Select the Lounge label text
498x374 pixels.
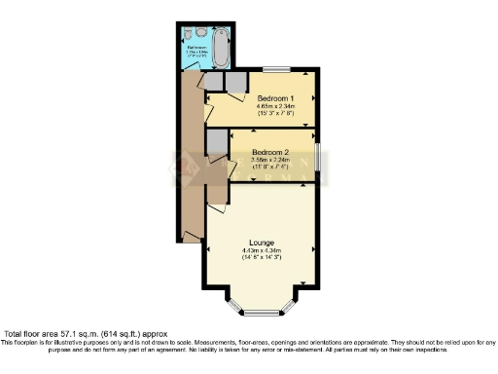[261, 243]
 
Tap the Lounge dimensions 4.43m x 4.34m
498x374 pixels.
[261, 250]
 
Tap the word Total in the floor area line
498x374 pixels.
[16, 334]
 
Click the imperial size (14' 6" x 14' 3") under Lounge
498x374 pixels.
[261, 258]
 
